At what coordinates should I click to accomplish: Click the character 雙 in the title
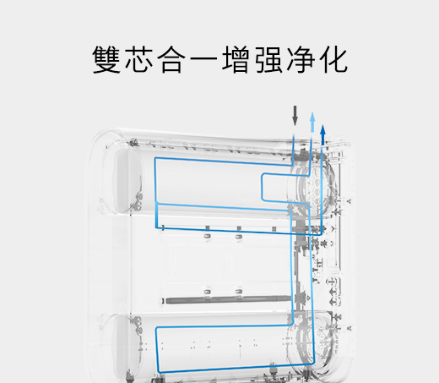coord(106,59)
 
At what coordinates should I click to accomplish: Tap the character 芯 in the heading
coord(139,59)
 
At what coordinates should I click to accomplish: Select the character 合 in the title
coord(171,59)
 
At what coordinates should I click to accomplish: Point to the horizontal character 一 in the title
coord(204,60)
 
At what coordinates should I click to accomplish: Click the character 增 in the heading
coord(236,59)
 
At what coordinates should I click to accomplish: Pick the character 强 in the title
coord(268,59)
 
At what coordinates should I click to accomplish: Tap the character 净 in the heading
coord(301,59)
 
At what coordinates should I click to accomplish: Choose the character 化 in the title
coord(333,59)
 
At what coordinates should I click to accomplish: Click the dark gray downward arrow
coord(295,116)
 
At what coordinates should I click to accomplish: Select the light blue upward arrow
coord(312,122)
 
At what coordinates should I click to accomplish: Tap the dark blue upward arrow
coord(322,135)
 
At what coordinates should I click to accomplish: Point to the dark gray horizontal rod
coord(228,300)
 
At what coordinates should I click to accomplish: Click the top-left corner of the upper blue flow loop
coord(155,158)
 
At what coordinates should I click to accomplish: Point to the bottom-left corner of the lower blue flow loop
coord(160,372)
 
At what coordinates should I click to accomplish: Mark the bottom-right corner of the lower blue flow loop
coord(313,363)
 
